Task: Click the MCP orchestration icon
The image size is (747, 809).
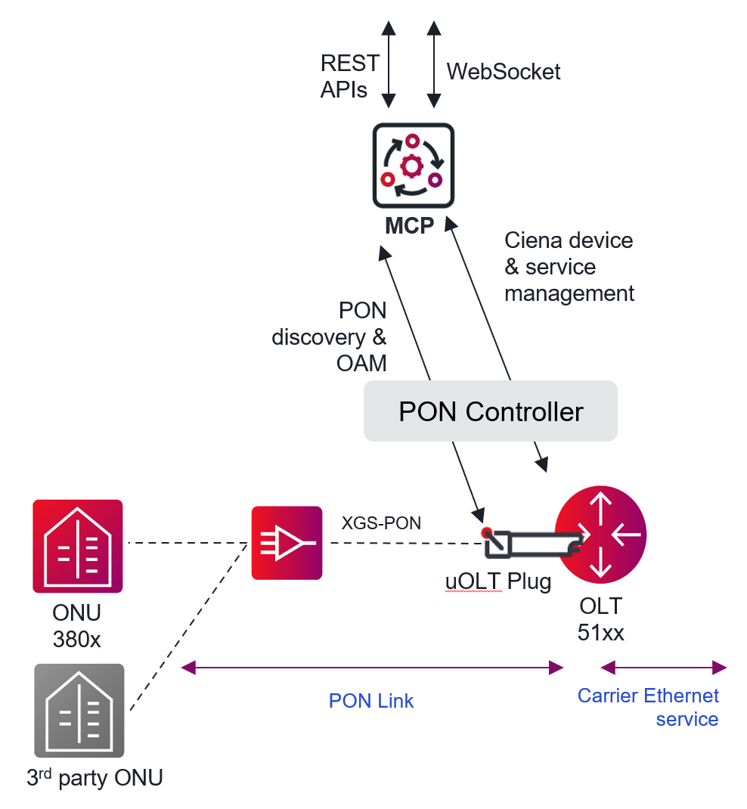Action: pyautogui.click(x=413, y=166)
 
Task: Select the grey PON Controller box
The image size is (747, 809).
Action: pyautogui.click(x=491, y=411)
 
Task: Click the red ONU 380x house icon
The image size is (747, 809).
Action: pyautogui.click(x=78, y=545)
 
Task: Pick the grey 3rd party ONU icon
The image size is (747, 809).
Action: pyautogui.click(x=79, y=710)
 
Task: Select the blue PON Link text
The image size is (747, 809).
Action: pyautogui.click(x=371, y=701)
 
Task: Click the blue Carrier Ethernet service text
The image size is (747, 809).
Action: pyautogui.click(x=649, y=707)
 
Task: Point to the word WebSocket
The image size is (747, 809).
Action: pyautogui.click(x=504, y=72)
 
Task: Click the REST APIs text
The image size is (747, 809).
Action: pyautogui.click(x=349, y=76)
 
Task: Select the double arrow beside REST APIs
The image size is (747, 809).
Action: pyautogui.click(x=389, y=64)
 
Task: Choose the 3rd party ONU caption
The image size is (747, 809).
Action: pyautogui.click(x=95, y=777)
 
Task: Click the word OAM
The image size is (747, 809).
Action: pyautogui.click(x=361, y=363)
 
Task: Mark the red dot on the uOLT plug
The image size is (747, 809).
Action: pyautogui.click(x=487, y=532)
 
